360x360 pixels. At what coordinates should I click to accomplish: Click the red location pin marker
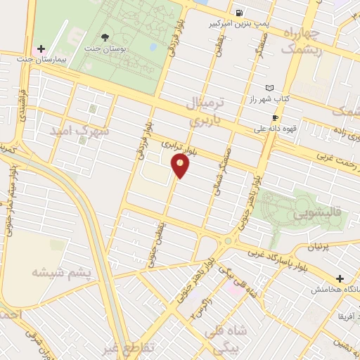[x=181, y=166]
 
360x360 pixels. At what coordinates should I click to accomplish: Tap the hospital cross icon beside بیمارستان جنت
[x=41, y=50]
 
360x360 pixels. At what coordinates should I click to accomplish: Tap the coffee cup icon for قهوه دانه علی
[x=275, y=117]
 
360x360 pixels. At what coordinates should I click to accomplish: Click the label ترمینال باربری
[x=205, y=112]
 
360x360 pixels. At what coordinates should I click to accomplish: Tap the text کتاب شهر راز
[x=259, y=99]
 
